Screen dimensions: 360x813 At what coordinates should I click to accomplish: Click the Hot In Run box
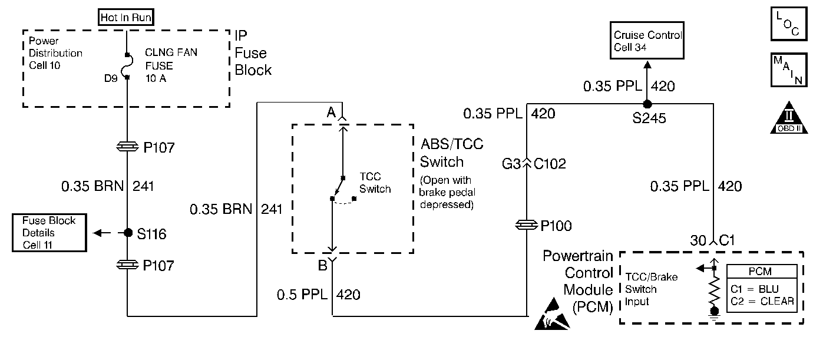click(x=125, y=18)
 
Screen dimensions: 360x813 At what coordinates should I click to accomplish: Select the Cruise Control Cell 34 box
click(x=647, y=41)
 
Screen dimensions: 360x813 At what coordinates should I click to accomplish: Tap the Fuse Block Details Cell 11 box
click(x=49, y=233)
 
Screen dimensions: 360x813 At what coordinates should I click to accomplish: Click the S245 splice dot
click(x=647, y=104)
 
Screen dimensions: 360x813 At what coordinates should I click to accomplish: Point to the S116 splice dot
click(x=127, y=233)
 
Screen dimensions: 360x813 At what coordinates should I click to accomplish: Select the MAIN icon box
click(x=787, y=71)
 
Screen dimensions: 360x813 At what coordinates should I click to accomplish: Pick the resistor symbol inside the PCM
click(x=714, y=290)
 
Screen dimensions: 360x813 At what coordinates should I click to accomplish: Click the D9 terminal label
click(x=111, y=77)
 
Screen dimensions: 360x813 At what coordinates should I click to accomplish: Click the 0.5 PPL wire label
click(x=301, y=293)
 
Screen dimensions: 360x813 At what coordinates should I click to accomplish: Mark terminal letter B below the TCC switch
click(x=323, y=266)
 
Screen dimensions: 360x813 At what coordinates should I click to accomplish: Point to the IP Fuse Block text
click(x=253, y=53)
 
